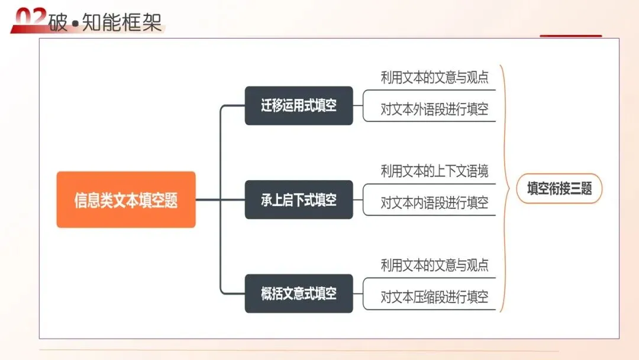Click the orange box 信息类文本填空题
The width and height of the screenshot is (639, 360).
pos(126,200)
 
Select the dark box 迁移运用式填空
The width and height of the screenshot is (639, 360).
pos(299,106)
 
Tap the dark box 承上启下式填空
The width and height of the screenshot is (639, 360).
pos(299,200)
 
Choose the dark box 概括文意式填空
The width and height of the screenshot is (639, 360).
pos(299,293)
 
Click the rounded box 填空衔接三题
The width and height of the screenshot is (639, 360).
pos(559,189)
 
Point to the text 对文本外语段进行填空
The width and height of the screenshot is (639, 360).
pos(434,110)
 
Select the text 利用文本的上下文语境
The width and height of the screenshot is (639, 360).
pos(434,172)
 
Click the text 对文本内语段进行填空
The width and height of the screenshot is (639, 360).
pos(434,203)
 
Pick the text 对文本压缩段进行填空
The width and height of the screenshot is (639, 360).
pos(434,297)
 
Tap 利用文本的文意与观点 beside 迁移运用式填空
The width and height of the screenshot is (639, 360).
pos(434,78)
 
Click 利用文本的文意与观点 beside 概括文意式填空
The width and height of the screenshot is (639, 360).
pos(434,265)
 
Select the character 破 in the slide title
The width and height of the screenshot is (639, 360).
pos(58,22)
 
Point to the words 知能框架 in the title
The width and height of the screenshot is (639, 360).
pos(121,22)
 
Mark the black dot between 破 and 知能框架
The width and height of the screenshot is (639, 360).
pos(75,24)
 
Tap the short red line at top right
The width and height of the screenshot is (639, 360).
pos(570,36)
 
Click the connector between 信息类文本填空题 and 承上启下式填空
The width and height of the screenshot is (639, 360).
pos(220,200)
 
